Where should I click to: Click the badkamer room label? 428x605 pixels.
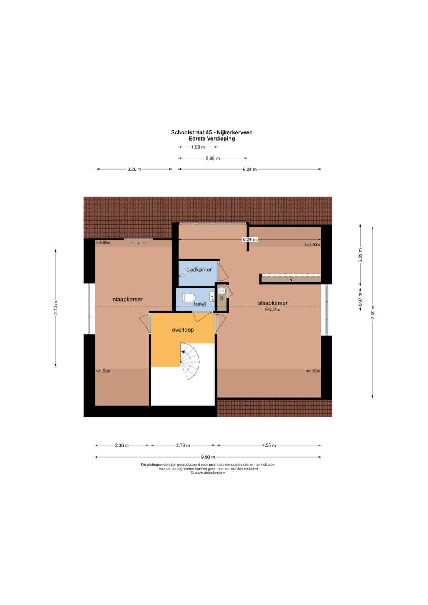[x=199, y=269]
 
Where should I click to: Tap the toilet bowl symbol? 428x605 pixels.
[x=189, y=298]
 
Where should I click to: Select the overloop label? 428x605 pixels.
[x=183, y=330]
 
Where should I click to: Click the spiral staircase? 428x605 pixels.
[x=190, y=361]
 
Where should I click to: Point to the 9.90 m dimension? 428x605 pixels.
[x=208, y=457]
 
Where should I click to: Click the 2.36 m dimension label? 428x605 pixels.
[x=122, y=445]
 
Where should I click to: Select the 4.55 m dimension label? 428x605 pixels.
[x=269, y=445]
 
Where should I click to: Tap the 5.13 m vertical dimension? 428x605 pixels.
[x=55, y=307]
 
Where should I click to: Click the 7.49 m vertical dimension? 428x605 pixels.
[x=373, y=312]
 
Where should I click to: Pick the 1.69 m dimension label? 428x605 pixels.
[x=198, y=147]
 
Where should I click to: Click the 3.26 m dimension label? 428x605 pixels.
[x=134, y=169]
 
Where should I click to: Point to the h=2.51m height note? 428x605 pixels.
[x=272, y=310]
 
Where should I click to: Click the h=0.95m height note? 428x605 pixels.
[x=103, y=242]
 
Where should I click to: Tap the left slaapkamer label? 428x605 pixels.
[x=128, y=299]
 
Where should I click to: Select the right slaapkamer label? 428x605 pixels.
[x=273, y=303]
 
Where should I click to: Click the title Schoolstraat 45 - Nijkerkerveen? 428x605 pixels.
[x=212, y=132]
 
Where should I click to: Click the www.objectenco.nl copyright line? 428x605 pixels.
[x=208, y=473]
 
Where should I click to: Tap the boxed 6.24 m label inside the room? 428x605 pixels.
[x=250, y=239]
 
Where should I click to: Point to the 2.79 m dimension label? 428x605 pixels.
[x=183, y=445]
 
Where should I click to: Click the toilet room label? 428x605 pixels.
[x=200, y=304]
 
